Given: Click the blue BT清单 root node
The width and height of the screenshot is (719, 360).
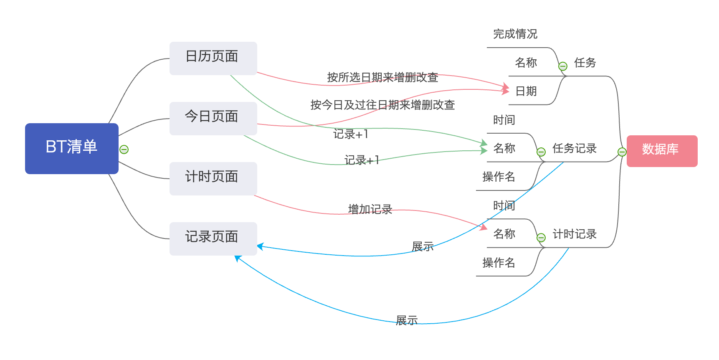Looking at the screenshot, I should (71, 148).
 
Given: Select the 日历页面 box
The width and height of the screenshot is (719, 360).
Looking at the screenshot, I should (213, 58).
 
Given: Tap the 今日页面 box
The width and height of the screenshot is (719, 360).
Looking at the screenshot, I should (213, 118).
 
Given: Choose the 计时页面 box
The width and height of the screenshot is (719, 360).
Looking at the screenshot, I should (213, 178).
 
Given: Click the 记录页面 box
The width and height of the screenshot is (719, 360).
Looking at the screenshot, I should (213, 238).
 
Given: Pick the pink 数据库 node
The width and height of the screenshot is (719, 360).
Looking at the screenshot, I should (661, 151).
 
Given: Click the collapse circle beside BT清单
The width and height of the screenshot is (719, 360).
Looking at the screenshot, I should (124, 150).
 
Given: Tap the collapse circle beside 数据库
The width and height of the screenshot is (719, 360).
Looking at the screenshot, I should (622, 152).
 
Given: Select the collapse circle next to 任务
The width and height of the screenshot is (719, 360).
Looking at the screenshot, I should (563, 66).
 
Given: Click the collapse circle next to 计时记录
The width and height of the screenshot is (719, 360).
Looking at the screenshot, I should (541, 238).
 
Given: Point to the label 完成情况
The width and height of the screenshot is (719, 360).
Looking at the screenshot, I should (515, 34).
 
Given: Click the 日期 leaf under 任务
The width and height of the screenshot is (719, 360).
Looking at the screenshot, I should (526, 91).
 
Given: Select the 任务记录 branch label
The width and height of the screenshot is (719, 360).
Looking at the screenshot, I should (574, 148).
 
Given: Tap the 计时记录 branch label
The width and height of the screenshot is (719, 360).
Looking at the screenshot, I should (574, 234).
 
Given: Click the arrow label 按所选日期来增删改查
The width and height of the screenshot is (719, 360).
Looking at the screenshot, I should (382, 77).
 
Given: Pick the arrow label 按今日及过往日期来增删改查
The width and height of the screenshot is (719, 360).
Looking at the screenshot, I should (382, 105).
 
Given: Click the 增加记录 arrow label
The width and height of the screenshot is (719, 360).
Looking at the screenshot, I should (370, 209).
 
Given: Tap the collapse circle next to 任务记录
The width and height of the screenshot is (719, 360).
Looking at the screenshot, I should (541, 152).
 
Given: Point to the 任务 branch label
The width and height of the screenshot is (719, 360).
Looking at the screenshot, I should (585, 63).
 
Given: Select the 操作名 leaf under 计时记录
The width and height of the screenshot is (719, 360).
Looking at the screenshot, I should (499, 262).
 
